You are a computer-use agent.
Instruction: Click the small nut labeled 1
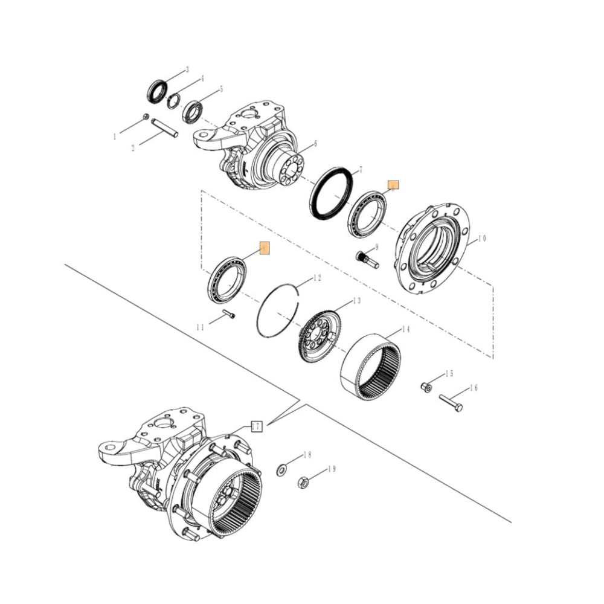click(146, 117)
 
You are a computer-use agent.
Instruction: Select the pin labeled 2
click(164, 127)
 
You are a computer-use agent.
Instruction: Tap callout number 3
click(187, 69)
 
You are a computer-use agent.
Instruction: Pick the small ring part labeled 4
click(174, 100)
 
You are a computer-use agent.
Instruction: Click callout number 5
click(221, 89)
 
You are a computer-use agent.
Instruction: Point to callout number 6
click(315, 144)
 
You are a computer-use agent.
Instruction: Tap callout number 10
click(481, 239)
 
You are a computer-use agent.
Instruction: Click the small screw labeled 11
click(228, 313)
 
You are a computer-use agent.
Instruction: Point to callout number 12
click(317, 278)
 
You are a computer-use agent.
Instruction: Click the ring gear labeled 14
click(370, 368)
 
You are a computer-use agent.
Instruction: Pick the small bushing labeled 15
click(426, 387)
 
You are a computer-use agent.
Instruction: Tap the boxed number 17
click(257, 426)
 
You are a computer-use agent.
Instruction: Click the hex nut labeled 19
click(304, 482)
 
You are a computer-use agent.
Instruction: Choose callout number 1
click(115, 137)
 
